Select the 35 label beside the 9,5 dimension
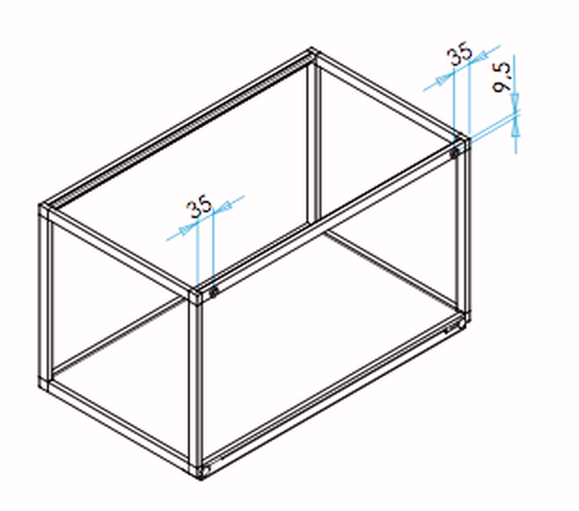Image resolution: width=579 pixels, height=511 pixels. click(x=459, y=53)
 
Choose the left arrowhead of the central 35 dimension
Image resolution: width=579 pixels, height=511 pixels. click(x=188, y=230)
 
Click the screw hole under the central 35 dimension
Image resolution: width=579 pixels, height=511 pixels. click(x=214, y=293)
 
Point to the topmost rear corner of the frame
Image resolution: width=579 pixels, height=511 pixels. click(x=312, y=48)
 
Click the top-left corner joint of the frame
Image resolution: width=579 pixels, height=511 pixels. click(x=44, y=211)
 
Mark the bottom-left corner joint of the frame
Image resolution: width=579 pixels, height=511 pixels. click(x=43, y=382)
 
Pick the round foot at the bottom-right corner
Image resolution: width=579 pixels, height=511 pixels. click(x=461, y=324)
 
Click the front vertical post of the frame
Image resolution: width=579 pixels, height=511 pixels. click(x=195, y=384)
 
